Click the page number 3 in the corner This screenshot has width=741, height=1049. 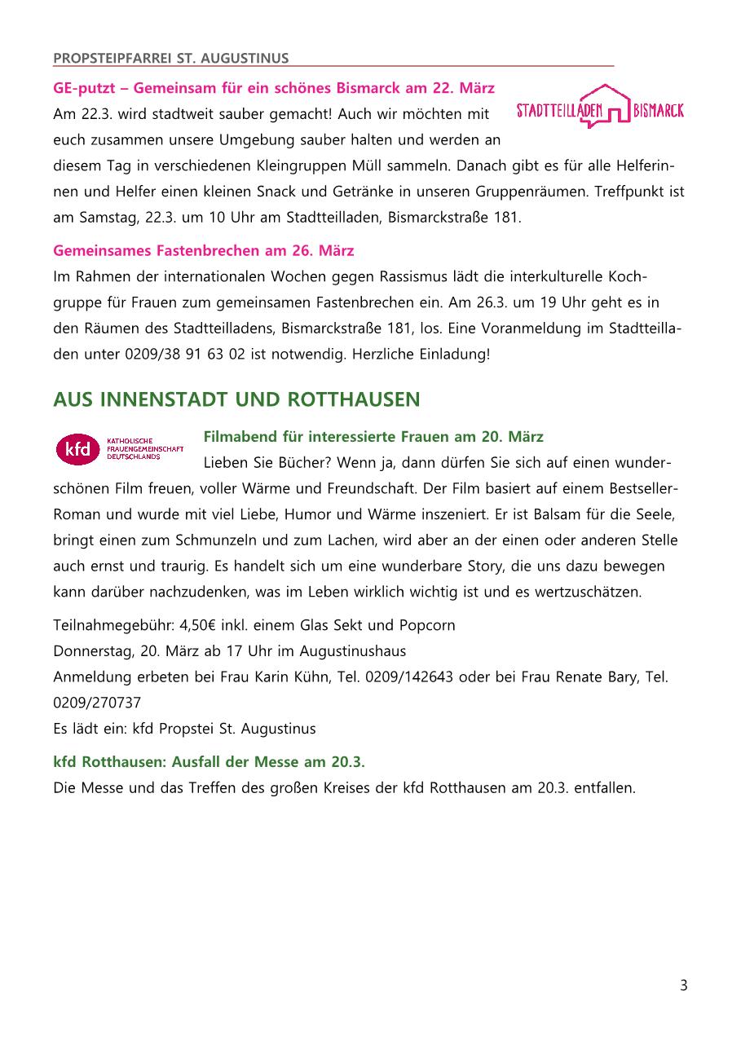683,985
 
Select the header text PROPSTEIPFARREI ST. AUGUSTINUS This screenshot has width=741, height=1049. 170,58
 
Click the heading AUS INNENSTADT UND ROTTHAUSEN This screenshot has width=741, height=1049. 236,399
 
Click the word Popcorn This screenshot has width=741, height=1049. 426,625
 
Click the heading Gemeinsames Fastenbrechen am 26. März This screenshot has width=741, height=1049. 204,249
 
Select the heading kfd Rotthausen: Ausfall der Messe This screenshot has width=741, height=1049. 209,761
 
